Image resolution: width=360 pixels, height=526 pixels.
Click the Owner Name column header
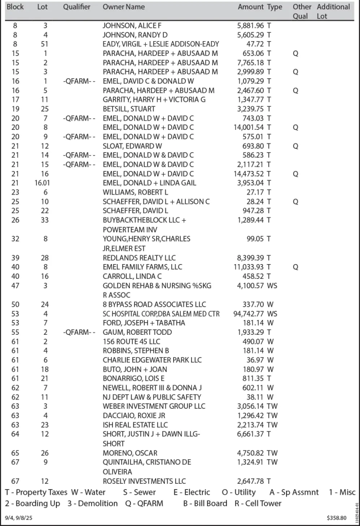(124, 7)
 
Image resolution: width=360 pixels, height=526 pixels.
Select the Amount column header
(251, 7)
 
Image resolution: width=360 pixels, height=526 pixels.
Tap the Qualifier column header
(77, 7)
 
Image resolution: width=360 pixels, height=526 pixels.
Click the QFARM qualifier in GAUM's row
(79, 332)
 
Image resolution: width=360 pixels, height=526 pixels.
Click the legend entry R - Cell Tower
(258, 503)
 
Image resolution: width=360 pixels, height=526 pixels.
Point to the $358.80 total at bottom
(336, 518)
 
